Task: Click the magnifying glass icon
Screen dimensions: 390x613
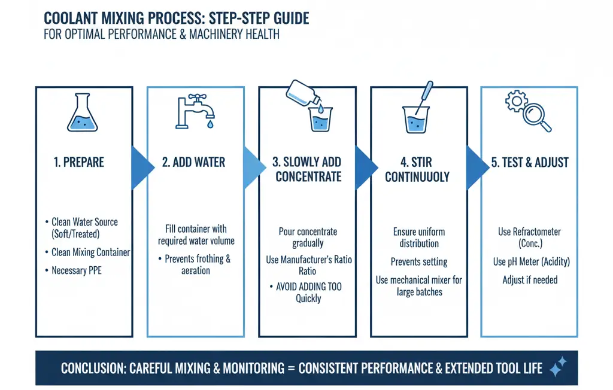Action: coord(536,115)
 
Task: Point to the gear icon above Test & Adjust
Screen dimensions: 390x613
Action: coord(516,101)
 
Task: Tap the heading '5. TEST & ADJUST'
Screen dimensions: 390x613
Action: coord(530,162)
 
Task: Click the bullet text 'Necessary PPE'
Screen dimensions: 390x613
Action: coord(76,270)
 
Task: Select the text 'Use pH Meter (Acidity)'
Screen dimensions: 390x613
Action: coord(530,261)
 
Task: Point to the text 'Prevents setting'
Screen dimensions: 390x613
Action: coord(419,261)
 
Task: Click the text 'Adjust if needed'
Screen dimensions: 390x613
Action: coord(530,279)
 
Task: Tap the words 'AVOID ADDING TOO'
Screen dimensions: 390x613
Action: coord(308,287)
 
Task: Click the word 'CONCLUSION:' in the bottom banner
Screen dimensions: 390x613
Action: coord(93,368)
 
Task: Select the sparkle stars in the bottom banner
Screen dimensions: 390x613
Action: coord(557,367)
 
